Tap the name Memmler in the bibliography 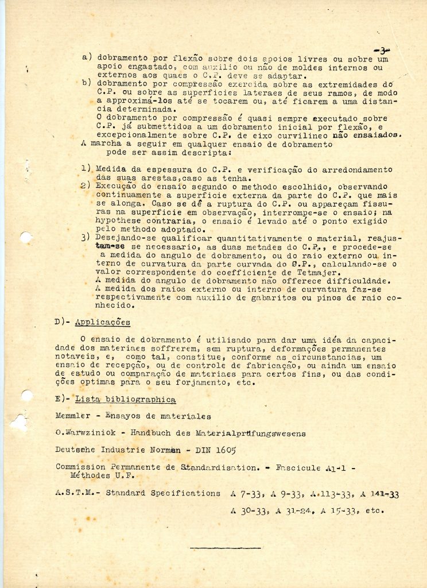(x=73, y=416)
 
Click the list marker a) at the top (x=87, y=57)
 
